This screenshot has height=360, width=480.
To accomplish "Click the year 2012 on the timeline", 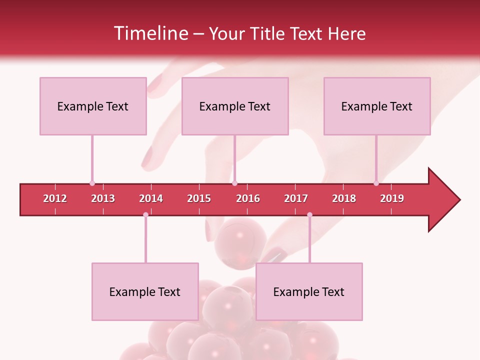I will [55, 198].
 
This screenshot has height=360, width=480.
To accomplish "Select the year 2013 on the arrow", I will [103, 198].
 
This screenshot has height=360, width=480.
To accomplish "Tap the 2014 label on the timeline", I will [151, 198].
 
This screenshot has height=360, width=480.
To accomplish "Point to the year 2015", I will [199, 198].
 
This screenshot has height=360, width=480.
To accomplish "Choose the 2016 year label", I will [248, 198].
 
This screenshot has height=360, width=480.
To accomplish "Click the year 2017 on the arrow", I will [296, 198].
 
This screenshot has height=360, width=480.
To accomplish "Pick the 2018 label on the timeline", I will [344, 198].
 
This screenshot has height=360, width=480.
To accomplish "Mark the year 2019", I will [392, 198].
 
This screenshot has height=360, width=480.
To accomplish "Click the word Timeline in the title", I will [150, 33].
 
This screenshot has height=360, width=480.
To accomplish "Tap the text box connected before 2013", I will [93, 106].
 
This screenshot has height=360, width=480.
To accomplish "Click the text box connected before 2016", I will [235, 106].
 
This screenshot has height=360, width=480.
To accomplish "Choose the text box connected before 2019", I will [377, 106].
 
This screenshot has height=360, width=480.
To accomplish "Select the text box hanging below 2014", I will [145, 291].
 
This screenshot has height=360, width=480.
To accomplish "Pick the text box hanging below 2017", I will [309, 291].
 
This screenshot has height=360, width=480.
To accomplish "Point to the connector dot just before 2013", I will [92, 183].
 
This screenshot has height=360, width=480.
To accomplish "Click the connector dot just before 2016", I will [234, 183].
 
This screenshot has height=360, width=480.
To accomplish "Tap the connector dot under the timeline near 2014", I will [145, 214].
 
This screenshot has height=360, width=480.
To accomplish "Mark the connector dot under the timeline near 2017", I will [309, 214].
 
